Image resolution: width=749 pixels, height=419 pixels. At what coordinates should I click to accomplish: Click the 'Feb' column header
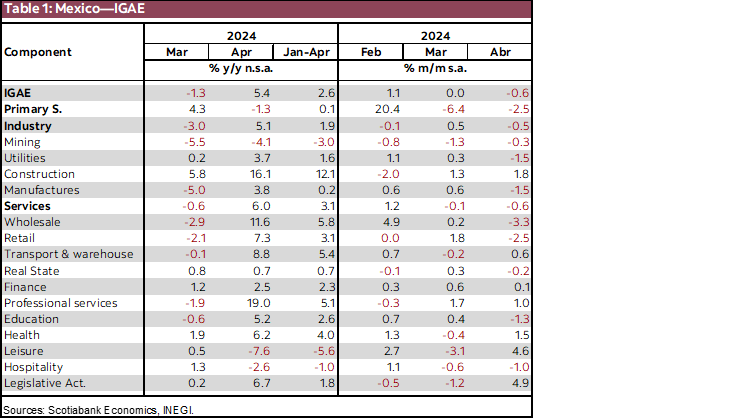click(x=369, y=50)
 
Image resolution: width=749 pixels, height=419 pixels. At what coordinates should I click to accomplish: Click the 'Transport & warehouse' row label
click(x=68, y=254)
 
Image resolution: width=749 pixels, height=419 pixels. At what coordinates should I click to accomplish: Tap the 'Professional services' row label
click(x=61, y=302)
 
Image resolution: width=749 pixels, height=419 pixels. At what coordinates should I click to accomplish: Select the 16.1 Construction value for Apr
click(x=244, y=174)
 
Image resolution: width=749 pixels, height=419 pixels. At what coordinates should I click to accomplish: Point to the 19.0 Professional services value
click(x=244, y=302)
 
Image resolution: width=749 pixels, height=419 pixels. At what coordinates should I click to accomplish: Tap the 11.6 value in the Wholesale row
click(x=244, y=222)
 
